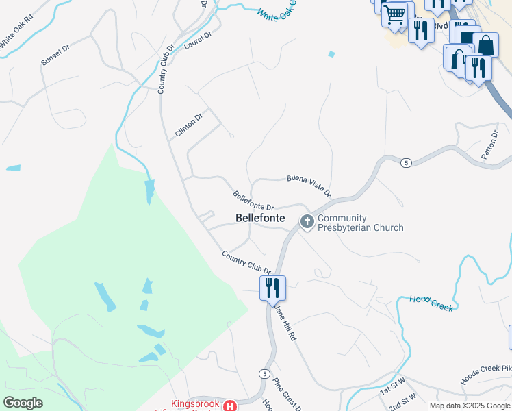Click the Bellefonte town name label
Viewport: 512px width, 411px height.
point(260,218)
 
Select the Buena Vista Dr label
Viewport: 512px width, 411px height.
point(309,184)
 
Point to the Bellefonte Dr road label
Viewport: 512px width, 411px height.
point(253,201)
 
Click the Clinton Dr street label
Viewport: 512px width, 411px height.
point(189,125)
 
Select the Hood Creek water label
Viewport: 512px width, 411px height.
point(431,303)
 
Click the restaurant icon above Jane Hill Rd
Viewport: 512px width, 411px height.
point(272,288)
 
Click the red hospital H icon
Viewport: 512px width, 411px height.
point(231,406)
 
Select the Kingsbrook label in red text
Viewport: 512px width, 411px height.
point(195,404)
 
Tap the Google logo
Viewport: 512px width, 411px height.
point(23,403)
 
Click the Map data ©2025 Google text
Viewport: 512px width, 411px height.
point(469,406)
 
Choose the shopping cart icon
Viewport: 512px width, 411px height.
point(396,14)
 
